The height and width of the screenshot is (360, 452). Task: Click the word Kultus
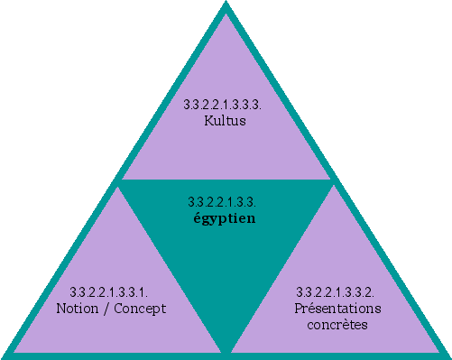pos(226,120)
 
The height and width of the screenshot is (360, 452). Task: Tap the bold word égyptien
pos(226,217)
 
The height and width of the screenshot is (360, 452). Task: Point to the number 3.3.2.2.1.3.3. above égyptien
pos(226,202)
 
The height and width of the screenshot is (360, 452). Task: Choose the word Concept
pos(144,308)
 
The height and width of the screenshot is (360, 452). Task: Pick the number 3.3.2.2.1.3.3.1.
pos(109,292)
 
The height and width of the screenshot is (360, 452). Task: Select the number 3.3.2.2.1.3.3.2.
pos(337,292)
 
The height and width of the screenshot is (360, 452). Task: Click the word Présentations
pos(337,308)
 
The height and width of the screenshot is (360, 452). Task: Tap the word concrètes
pos(337,323)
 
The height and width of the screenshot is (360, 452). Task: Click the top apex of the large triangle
pos(226,5)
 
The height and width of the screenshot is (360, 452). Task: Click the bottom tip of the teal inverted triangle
pos(226,350)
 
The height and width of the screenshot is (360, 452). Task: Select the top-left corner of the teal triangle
pos(121,181)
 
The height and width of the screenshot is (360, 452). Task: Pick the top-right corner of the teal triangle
pos(332,181)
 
